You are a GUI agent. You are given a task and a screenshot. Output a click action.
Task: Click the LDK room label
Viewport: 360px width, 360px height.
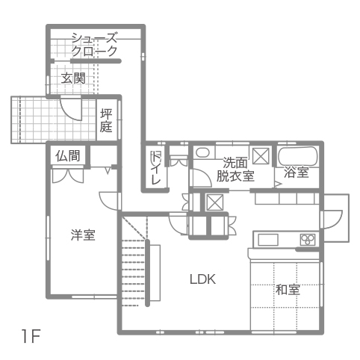click(x=202, y=279)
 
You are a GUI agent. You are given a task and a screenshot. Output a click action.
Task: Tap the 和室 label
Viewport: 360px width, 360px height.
click(x=288, y=290)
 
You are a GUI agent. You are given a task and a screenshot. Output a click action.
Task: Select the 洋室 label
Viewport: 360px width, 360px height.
click(x=83, y=235)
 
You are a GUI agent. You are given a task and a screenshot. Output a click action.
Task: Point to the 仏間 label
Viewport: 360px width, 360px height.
click(x=68, y=156)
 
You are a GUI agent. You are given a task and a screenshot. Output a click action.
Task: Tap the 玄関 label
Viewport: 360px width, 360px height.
click(x=73, y=78)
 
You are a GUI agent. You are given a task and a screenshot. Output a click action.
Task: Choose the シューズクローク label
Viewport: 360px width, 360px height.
click(x=94, y=45)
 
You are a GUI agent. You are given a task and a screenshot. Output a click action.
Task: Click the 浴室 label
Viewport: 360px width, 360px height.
click(x=297, y=172)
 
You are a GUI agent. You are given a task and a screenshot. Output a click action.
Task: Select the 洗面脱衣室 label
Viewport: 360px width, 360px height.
click(x=235, y=170)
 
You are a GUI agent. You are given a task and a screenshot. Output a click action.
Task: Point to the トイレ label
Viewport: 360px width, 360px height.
click(x=156, y=167)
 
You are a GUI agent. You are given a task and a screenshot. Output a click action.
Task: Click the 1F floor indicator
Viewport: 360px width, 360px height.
click(x=31, y=336)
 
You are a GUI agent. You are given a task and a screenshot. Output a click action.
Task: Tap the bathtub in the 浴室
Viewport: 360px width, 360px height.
click(x=298, y=156)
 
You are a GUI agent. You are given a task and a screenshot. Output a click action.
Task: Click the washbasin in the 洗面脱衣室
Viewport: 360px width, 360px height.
click(x=202, y=152)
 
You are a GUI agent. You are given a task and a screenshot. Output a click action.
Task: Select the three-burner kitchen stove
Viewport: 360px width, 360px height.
click(x=308, y=240)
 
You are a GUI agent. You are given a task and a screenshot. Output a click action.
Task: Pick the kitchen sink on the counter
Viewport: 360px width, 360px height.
click(x=268, y=240)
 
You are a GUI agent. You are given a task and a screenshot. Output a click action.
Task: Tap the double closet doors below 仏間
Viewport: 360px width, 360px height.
click(x=68, y=176)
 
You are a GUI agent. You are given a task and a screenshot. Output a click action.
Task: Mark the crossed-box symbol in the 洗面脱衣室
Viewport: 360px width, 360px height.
click(x=261, y=156)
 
